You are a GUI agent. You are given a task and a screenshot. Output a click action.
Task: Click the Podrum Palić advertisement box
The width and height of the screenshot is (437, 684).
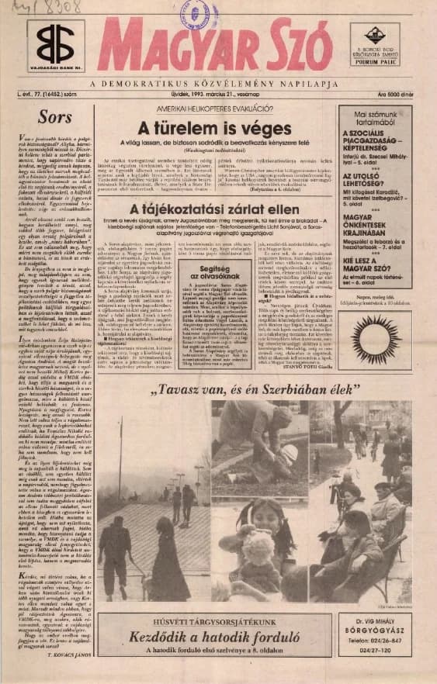[375, 44]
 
